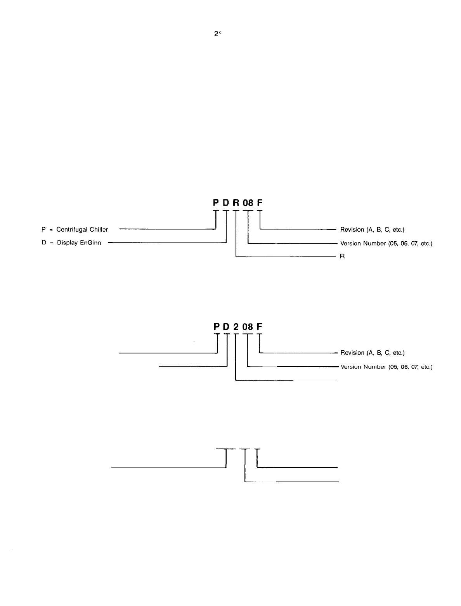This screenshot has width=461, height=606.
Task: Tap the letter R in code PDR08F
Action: click(236, 203)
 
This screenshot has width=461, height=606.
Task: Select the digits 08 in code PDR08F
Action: click(248, 203)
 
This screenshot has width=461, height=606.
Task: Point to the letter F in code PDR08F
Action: click(260, 203)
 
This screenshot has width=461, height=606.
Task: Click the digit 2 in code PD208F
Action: click(236, 327)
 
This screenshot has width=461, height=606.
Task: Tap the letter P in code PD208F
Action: click(217, 327)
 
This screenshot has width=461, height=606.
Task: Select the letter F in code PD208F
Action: click(260, 327)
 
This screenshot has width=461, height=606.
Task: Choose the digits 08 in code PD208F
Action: click(248, 327)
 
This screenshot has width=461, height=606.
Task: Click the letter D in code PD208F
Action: click(226, 327)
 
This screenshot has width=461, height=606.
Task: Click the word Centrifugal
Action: click(72, 230)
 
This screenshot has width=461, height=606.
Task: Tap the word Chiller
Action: click(99, 230)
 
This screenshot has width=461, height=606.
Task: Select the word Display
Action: click(68, 243)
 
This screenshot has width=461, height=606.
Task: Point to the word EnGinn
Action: click(90, 243)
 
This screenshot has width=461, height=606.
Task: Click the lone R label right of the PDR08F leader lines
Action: click(342, 256)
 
